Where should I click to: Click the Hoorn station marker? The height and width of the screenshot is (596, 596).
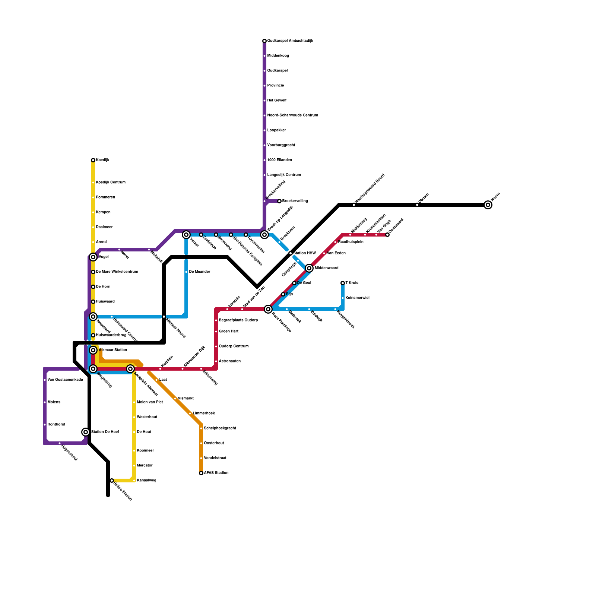click(488, 205)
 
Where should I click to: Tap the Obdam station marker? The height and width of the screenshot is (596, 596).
click(417, 205)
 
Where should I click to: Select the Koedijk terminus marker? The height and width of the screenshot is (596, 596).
click(93, 160)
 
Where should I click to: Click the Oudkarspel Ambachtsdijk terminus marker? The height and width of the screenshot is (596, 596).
click(264, 41)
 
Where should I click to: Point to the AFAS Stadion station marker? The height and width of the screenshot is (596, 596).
click(201, 473)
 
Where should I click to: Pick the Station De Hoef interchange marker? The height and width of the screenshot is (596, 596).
click(86, 432)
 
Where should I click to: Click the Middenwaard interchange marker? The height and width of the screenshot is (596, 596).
click(309, 268)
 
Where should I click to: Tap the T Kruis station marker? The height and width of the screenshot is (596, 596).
click(343, 283)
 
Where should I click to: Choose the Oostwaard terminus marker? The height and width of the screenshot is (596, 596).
click(387, 235)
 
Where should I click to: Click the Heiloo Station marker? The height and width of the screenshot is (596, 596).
click(112, 481)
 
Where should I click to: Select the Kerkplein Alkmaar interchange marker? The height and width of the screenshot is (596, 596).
click(130, 369)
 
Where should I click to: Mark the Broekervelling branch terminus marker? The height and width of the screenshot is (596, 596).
click(279, 201)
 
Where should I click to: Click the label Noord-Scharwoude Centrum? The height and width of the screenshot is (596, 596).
click(292, 115)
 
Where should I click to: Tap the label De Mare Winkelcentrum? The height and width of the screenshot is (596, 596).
click(117, 272)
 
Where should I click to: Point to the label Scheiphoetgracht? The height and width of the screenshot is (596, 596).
click(220, 428)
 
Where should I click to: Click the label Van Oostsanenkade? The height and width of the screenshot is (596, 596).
click(65, 380)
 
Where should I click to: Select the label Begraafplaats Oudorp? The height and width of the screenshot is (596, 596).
click(238, 320)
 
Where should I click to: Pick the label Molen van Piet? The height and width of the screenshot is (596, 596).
click(150, 402)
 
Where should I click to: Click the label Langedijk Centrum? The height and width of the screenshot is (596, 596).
click(284, 175)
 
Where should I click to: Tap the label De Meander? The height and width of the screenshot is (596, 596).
click(200, 272)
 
